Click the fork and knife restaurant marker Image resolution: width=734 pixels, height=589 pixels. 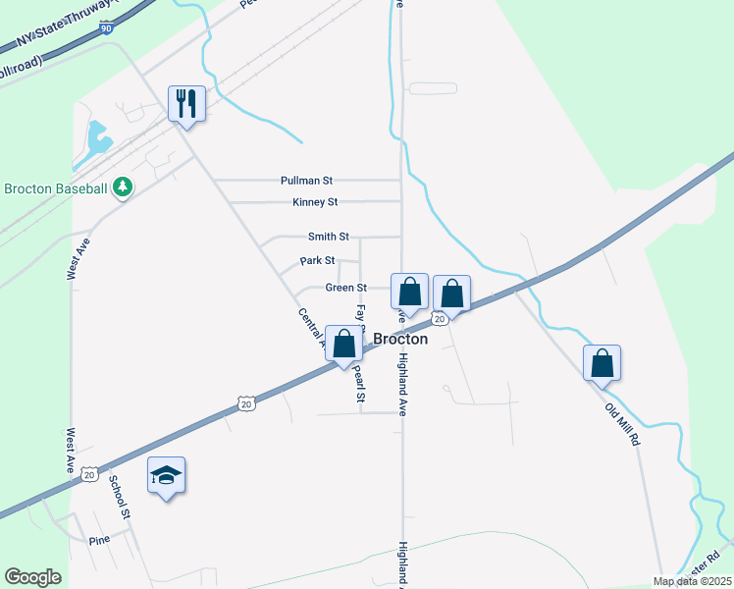coord(185,103)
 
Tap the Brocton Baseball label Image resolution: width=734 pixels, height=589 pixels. coord(57,187)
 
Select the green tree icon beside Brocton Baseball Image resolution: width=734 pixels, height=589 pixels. coord(123,187)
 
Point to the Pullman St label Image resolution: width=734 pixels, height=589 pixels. coord(307,181)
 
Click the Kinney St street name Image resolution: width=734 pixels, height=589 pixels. coord(315,202)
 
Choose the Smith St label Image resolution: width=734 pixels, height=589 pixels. coord(328,237)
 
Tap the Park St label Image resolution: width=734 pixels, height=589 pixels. coord(318,261)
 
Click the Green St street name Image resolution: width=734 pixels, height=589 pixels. coord(346,288)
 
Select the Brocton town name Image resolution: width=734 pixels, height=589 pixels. coord(400,339)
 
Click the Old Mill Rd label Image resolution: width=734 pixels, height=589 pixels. coord(622,423)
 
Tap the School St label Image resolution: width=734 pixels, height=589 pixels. coord(119,498)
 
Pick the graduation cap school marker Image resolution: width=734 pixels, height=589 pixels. coord(166,476)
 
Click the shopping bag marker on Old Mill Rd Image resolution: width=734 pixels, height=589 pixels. coord(602,362)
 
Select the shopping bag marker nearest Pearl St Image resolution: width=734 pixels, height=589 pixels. coord(343,345)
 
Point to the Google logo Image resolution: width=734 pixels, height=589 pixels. coord(33,576)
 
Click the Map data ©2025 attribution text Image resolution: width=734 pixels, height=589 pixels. coord(692,581)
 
